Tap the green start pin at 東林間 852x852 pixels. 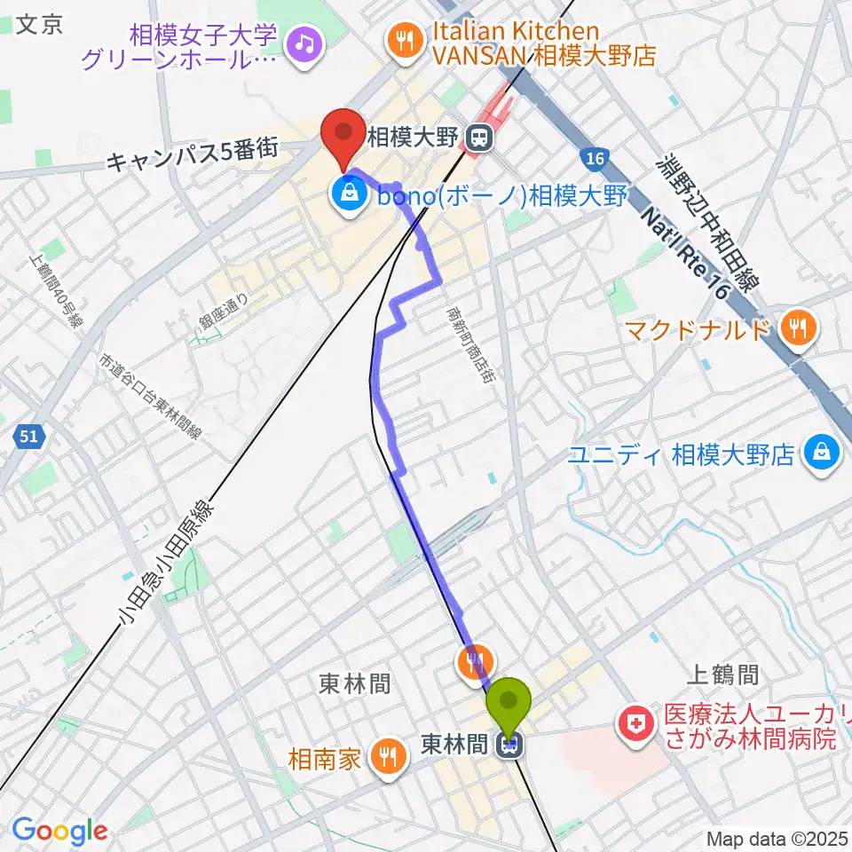[509, 704]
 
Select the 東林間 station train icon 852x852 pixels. [509, 748]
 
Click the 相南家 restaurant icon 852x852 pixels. [388, 756]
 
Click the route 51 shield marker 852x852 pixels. [28, 436]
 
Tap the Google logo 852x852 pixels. [59, 831]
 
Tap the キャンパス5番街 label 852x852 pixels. [193, 157]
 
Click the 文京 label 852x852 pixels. [40, 24]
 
